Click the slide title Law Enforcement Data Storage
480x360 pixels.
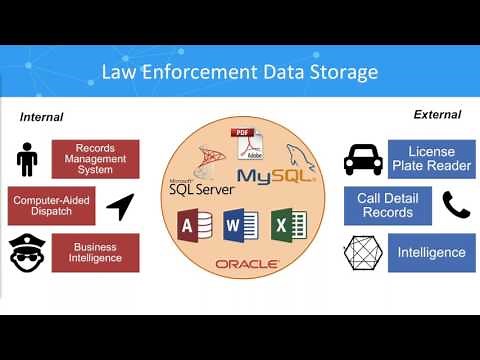point(239,72)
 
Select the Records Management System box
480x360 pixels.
point(95,158)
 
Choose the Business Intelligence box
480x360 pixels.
point(95,253)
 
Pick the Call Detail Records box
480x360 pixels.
point(387,206)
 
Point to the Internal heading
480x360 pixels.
point(41,117)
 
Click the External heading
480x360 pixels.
point(437,114)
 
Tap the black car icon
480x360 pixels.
point(363,159)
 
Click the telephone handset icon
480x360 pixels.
point(456,205)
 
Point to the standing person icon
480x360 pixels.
point(27,158)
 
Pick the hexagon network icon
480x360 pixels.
point(362,253)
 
